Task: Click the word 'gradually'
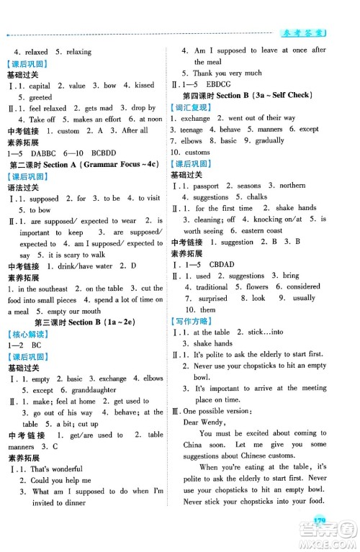[268, 141]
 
